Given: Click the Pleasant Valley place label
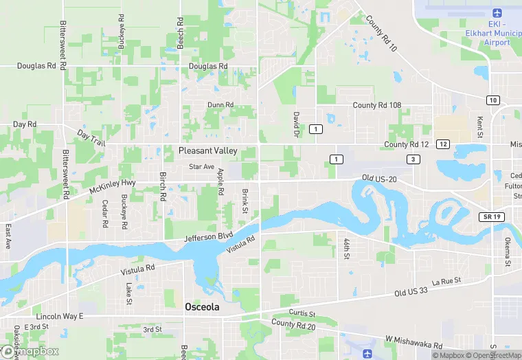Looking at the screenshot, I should [x=207, y=150].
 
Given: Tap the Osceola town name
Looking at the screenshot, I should [x=202, y=307].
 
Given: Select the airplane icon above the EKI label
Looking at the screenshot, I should [x=498, y=13].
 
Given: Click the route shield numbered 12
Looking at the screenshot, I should [x=443, y=144].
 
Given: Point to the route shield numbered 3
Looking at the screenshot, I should [x=412, y=159].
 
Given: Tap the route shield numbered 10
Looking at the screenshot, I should [x=493, y=100].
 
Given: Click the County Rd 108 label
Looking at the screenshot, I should [x=376, y=105].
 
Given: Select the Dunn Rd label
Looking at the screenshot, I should [x=220, y=105].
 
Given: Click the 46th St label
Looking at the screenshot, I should [x=347, y=247].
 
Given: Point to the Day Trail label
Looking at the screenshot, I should [x=91, y=137].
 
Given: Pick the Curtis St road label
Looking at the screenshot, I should [x=302, y=313].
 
